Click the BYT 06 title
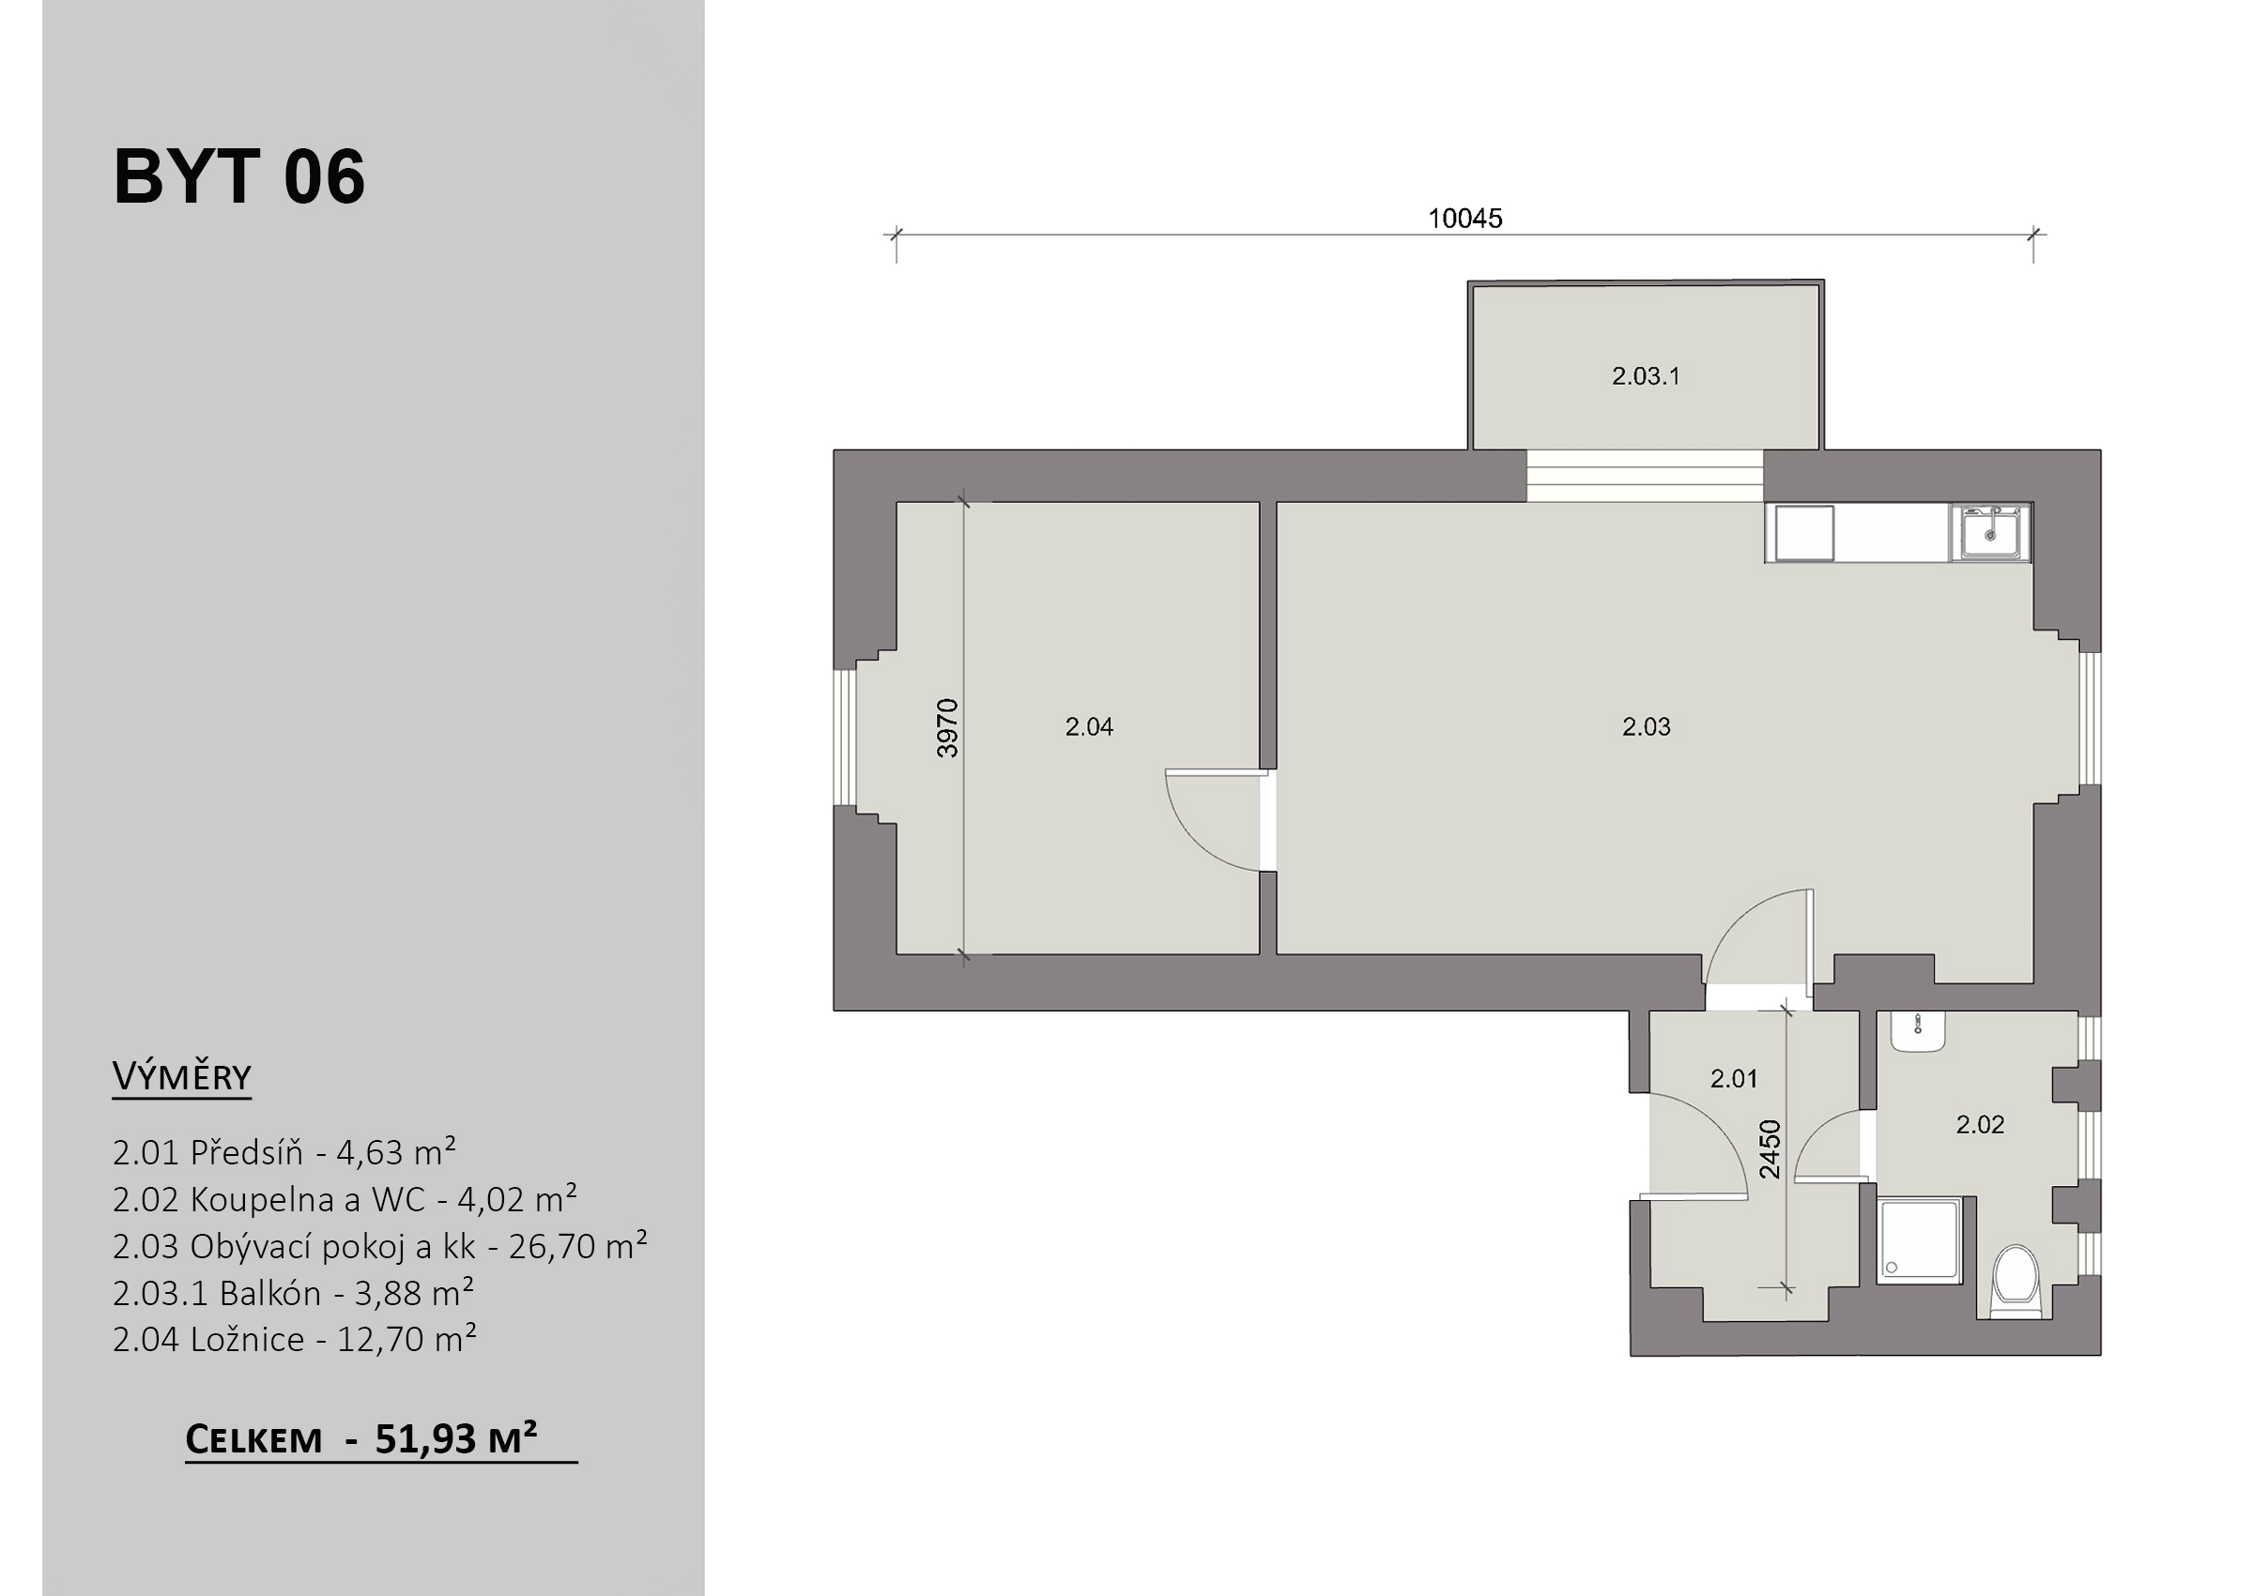coord(238,177)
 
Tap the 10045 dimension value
coord(1464,219)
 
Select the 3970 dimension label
coord(946,728)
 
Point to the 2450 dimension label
coord(1770,1148)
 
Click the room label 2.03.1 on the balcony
coord(1646,375)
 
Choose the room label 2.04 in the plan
coord(1089,726)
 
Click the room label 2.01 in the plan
coord(1733,1078)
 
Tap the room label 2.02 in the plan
coord(1980,1124)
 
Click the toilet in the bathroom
coord(2016,1281)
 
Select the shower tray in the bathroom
coord(1919,1240)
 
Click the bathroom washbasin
coord(1918,1031)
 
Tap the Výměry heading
coord(182,1077)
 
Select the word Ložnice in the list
coord(247,1339)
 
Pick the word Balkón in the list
coord(270,1292)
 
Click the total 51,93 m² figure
coord(456,1438)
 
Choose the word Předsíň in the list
coord(247,1152)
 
